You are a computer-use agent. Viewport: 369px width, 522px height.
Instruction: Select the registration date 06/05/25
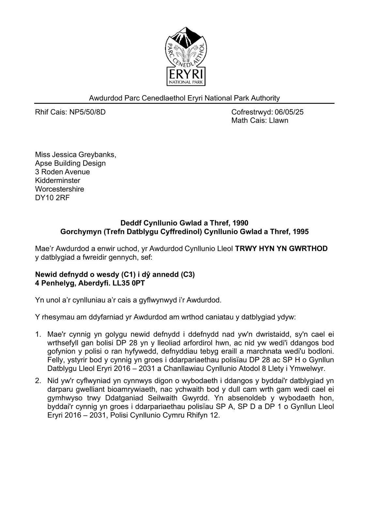[x=289, y=112]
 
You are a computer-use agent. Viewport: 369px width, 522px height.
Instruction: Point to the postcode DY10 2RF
[x=52, y=198]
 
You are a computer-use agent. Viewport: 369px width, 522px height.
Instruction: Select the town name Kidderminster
[x=57, y=180]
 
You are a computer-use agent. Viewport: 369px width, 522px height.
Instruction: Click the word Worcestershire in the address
[x=59, y=189]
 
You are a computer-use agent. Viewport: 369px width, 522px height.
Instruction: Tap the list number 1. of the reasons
[x=38, y=334]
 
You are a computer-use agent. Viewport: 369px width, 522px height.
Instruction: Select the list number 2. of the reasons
[x=38, y=381]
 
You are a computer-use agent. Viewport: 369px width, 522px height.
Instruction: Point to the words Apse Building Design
[x=70, y=163]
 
